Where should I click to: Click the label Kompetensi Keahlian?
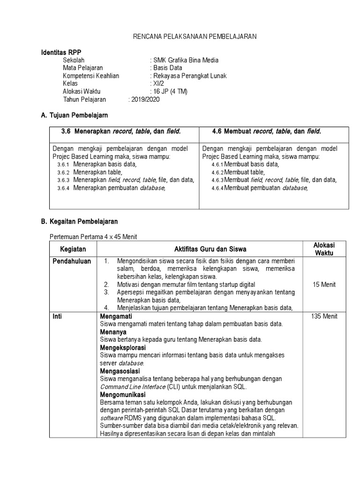(91, 75)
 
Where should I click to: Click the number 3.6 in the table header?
(66, 132)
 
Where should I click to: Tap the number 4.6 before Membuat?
(216, 132)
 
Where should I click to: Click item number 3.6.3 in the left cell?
(63, 180)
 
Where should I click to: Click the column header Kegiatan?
(73, 249)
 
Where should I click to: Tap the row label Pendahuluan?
(72, 261)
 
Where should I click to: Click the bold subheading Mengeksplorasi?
(123, 348)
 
